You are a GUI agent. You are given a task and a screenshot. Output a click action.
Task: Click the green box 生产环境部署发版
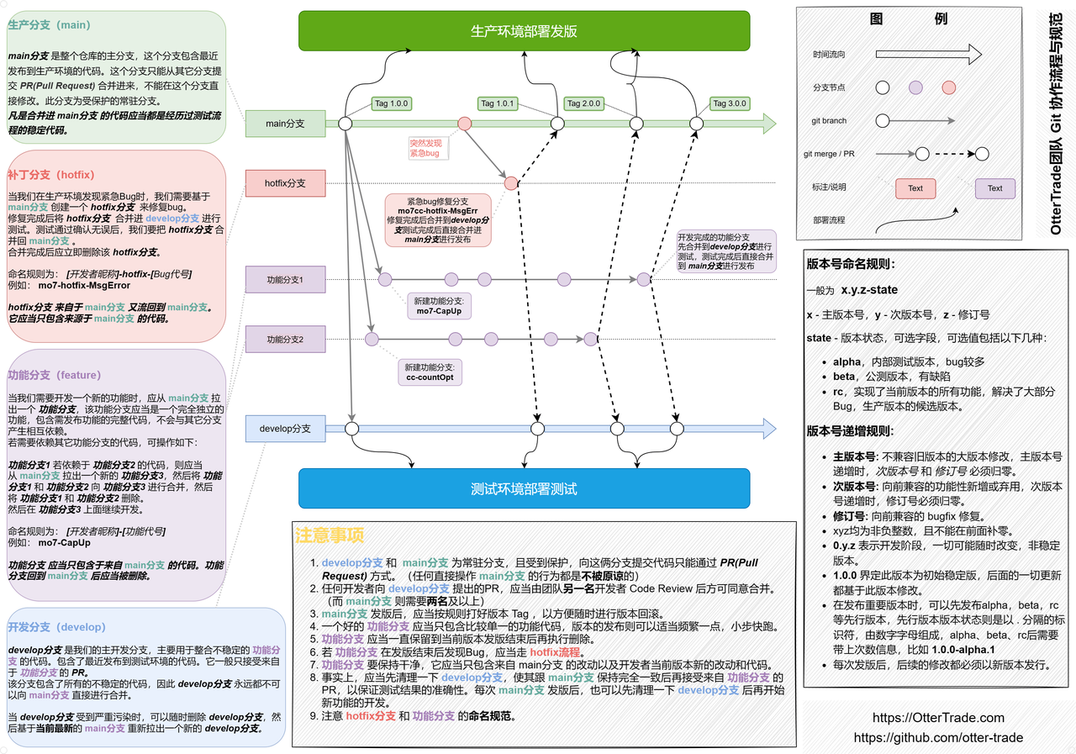(x=524, y=31)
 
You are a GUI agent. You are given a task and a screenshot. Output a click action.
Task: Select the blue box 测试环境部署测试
(x=524, y=488)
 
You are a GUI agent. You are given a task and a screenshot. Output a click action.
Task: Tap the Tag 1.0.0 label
(x=391, y=104)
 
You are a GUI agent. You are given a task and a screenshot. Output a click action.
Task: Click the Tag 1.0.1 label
(x=497, y=104)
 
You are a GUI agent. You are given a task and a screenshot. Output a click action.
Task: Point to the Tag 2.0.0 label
(x=583, y=104)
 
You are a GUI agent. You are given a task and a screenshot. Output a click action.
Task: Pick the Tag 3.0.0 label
(x=729, y=104)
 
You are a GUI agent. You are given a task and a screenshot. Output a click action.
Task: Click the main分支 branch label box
(x=285, y=124)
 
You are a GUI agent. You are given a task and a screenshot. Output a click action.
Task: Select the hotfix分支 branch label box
(x=285, y=182)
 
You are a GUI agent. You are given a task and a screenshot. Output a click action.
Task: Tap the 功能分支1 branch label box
(x=285, y=280)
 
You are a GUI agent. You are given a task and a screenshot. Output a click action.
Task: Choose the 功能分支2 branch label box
(x=285, y=340)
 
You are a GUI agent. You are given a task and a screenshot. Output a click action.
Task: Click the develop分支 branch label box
(x=285, y=429)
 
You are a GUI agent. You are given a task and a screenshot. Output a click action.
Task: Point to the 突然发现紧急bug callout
(x=425, y=148)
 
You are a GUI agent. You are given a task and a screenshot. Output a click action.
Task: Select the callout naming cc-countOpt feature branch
(x=429, y=372)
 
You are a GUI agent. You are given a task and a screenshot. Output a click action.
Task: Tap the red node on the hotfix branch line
(x=511, y=183)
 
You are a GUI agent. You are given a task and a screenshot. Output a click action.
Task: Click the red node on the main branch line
(x=464, y=124)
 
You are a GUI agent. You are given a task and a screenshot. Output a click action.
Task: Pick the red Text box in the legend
(x=915, y=188)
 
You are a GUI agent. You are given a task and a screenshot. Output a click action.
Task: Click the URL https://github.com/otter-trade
(x=938, y=737)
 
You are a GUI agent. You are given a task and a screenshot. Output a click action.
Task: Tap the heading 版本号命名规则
(x=851, y=263)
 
